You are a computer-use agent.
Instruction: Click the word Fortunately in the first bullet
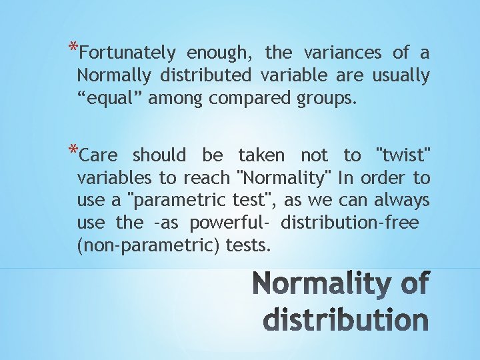click(131, 53)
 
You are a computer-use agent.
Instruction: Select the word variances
click(343, 52)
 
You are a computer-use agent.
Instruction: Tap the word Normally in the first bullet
click(110, 76)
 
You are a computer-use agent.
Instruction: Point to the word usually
click(400, 76)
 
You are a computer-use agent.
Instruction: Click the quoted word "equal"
click(109, 99)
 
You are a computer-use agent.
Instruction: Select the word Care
click(97, 155)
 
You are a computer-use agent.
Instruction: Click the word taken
click(261, 155)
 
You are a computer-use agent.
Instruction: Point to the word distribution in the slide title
click(345, 320)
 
